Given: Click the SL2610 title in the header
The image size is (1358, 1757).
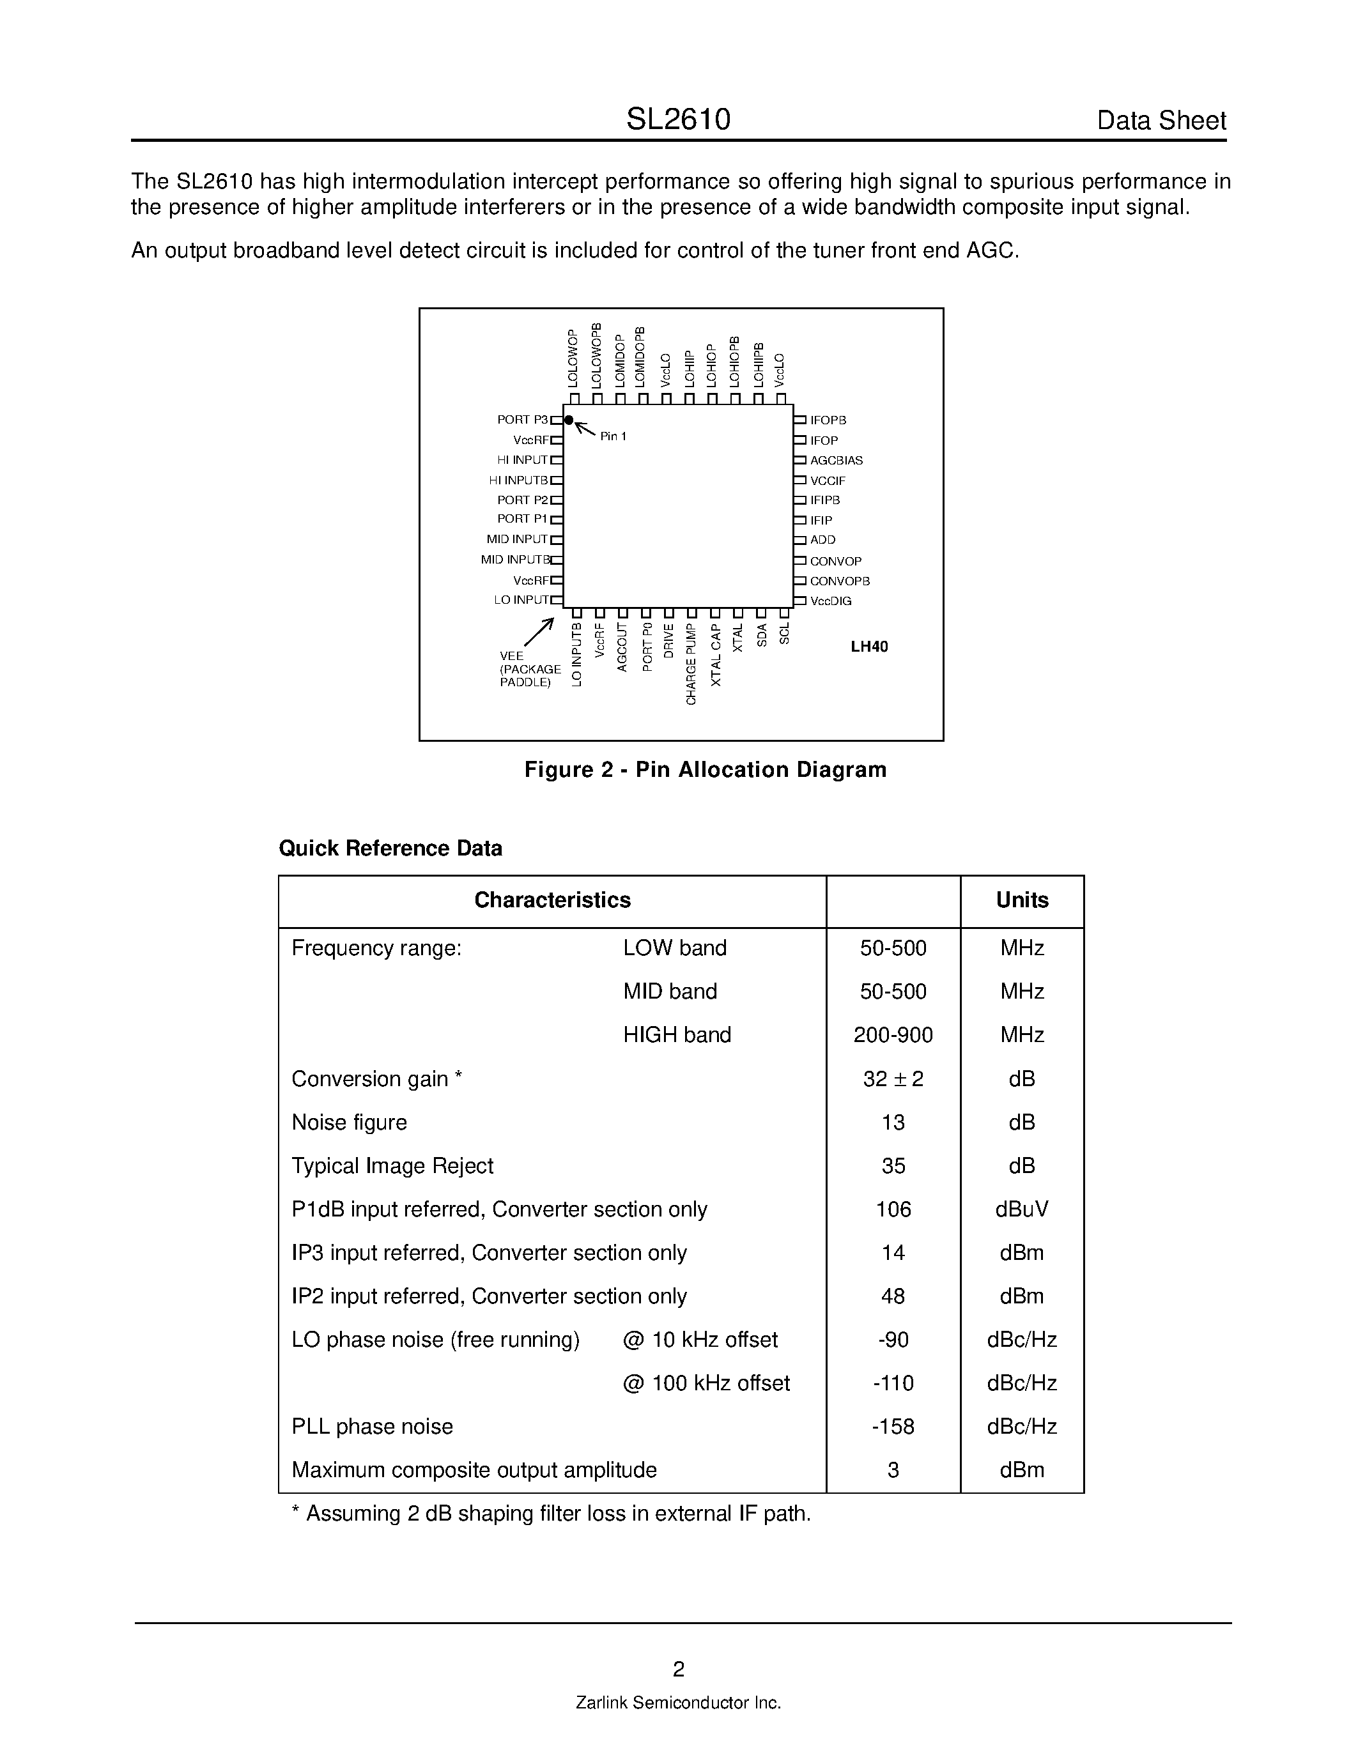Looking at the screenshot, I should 677,120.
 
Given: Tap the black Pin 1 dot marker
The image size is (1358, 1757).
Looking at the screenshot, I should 569,420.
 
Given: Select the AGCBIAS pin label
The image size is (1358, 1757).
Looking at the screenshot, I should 836,460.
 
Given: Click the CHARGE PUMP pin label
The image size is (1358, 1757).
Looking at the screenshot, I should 691,664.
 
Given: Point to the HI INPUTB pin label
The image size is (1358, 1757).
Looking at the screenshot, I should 518,480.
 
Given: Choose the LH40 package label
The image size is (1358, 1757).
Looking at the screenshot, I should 869,647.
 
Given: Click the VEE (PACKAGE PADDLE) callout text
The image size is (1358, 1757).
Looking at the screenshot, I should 529,670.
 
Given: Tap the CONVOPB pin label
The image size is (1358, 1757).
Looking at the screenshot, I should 839,581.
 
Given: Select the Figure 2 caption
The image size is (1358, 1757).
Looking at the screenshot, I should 705,770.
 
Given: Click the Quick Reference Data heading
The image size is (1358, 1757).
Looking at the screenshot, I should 390,848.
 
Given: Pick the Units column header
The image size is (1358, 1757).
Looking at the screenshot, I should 1022,900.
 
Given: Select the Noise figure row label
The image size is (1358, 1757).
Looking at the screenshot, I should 349,1123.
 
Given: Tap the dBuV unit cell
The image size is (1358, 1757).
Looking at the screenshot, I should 1022,1209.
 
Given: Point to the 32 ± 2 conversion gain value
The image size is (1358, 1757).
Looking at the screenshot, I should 893,1079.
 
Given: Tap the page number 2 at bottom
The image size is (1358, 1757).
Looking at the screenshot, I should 678,1669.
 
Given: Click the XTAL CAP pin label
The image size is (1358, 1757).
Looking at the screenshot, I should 716,655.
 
